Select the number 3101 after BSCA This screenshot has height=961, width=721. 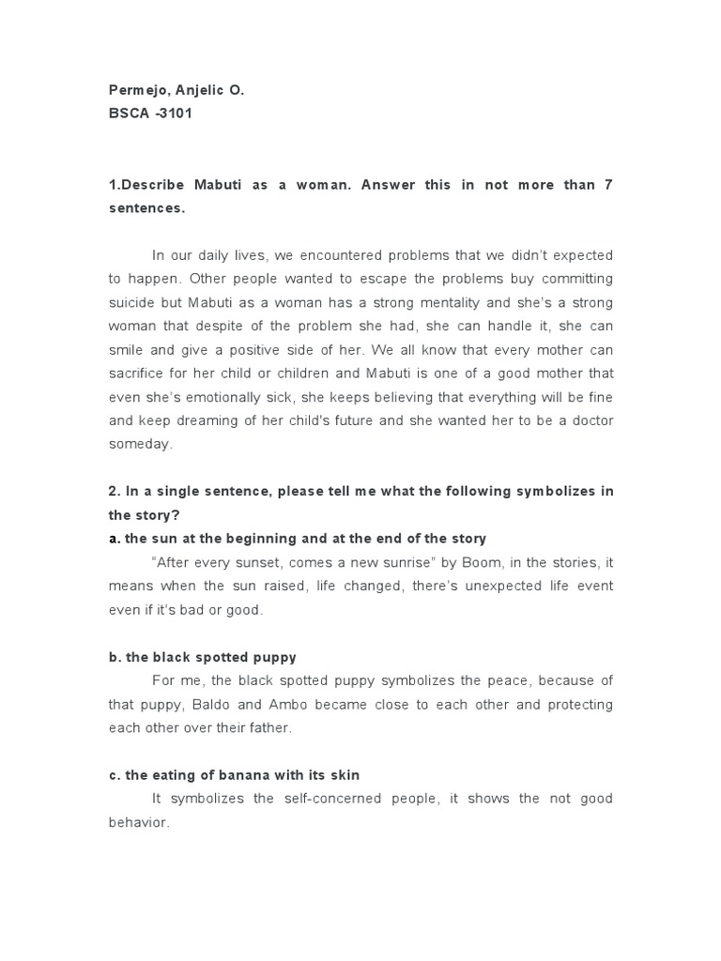pyautogui.click(x=175, y=115)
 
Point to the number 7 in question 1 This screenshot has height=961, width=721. pyautogui.click(x=608, y=185)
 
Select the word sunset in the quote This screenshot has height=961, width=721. pyautogui.click(x=286, y=562)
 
